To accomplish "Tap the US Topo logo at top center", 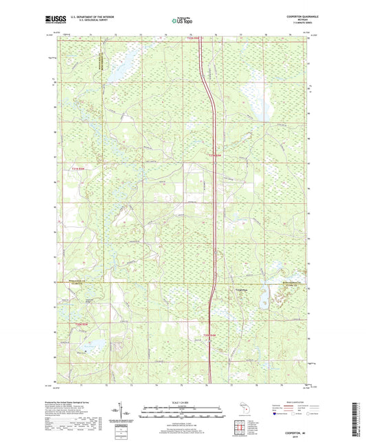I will (182, 21).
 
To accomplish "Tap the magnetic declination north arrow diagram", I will (124, 412).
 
